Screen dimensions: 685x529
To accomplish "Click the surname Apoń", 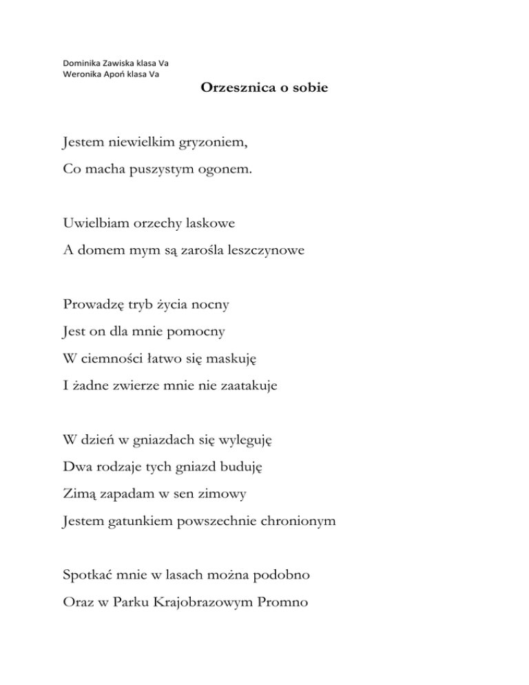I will pos(113,74).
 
